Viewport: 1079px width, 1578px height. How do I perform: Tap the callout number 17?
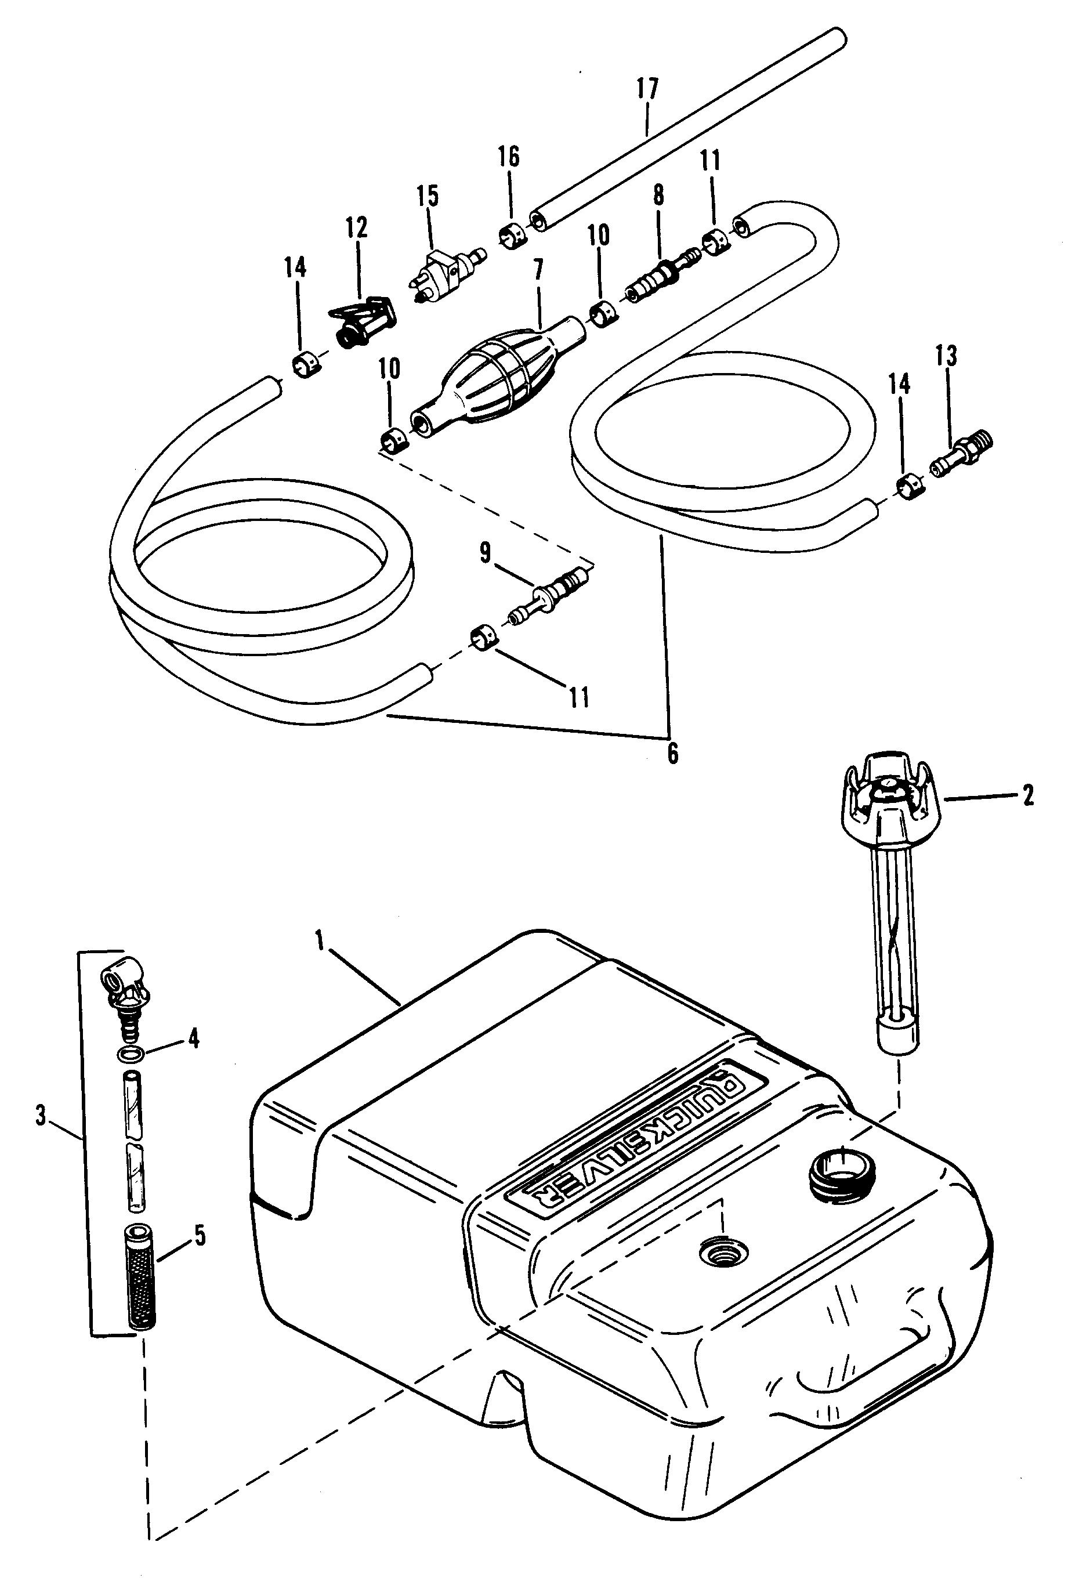(647, 89)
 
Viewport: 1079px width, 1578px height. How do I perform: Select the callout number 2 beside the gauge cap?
(1028, 795)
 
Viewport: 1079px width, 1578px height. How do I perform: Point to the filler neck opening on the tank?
(842, 1177)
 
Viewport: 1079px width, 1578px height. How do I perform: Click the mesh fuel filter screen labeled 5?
(141, 1275)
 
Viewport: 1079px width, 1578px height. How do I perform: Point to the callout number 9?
(485, 553)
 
